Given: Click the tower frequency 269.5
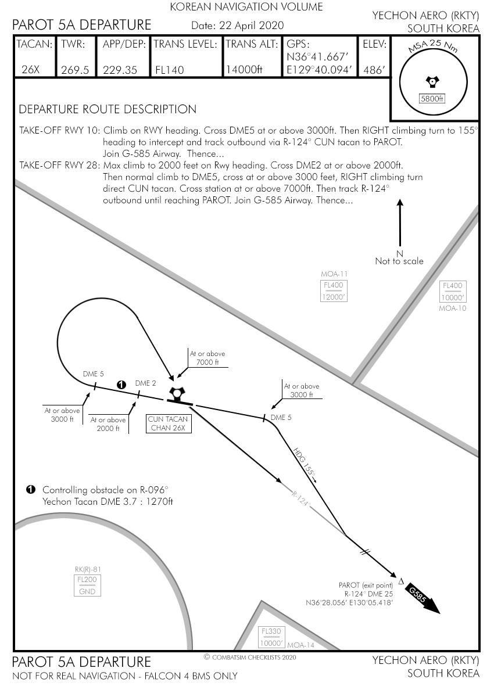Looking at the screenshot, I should [75, 70].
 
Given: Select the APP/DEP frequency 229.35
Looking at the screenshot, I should [120, 70].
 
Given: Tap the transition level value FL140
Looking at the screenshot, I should [170, 70].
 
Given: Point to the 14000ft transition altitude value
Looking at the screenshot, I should [244, 70].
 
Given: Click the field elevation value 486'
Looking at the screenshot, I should [374, 70].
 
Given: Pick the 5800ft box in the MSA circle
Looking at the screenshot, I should [432, 99].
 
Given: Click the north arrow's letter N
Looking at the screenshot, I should [399, 253].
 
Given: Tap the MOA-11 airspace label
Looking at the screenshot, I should [334, 274].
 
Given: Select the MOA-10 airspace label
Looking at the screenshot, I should [453, 308].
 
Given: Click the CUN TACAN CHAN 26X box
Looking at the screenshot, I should [168, 423].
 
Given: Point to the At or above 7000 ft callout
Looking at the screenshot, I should [207, 358].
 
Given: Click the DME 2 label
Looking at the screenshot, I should [145, 383].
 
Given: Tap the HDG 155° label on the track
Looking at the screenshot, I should [305, 464].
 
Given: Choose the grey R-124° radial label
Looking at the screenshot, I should [300, 499].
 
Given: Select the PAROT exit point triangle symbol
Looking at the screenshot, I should [401, 581].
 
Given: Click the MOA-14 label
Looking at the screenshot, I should [300, 645].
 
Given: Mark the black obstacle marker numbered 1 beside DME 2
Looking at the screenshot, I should [121, 385].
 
